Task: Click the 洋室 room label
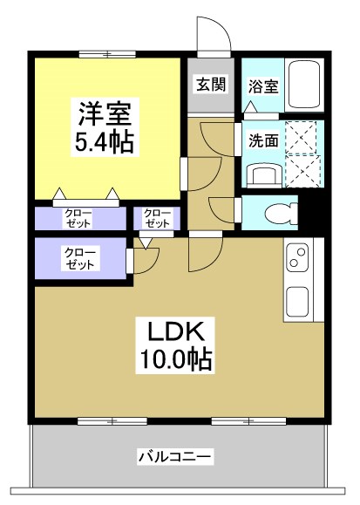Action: [x=105, y=113]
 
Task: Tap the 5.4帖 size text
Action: [x=105, y=143]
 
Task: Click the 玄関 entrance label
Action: [x=210, y=85]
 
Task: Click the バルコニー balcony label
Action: [x=175, y=456]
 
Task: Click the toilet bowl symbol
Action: [x=277, y=212]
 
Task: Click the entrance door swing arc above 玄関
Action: [x=214, y=35]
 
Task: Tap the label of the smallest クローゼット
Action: [x=158, y=218]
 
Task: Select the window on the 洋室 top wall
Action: [x=107, y=54]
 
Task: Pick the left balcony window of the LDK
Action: [x=112, y=421]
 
